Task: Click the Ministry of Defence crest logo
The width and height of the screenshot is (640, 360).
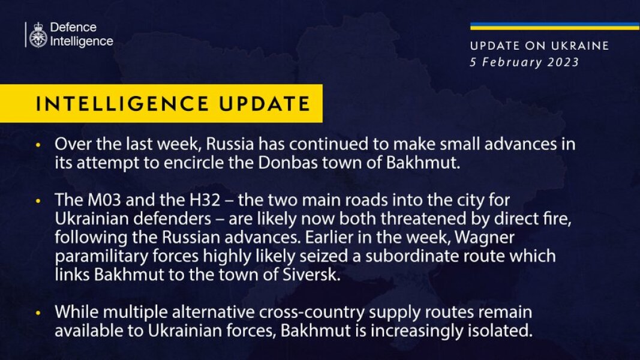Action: pos(38,34)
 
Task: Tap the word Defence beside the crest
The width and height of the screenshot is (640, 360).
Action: pos(73,28)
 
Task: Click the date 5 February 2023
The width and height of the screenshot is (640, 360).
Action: pos(524,62)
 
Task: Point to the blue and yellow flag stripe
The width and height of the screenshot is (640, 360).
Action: pos(554,26)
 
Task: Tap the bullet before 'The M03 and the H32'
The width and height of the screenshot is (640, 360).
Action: pos(38,200)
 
